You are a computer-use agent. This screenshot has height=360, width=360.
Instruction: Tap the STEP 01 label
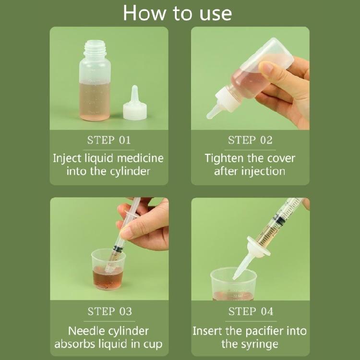[x=109, y=140]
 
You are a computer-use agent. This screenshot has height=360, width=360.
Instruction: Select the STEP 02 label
[x=250, y=140]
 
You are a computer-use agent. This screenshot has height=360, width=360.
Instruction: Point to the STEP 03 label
[x=109, y=312]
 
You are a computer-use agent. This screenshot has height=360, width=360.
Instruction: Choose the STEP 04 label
[x=250, y=312]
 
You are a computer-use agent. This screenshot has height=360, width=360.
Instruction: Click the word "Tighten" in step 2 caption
[x=226, y=158]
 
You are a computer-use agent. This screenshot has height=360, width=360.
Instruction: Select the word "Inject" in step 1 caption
[x=66, y=158]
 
